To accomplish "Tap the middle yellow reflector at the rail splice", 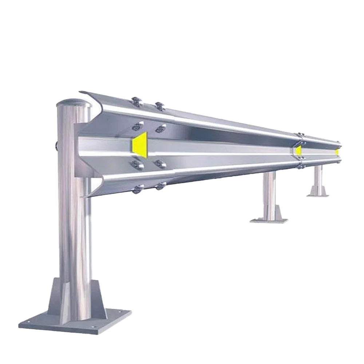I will (299, 150).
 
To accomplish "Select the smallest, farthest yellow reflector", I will (337, 151).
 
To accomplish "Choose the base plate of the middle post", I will (269, 220).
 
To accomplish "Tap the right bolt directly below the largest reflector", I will (159, 164).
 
